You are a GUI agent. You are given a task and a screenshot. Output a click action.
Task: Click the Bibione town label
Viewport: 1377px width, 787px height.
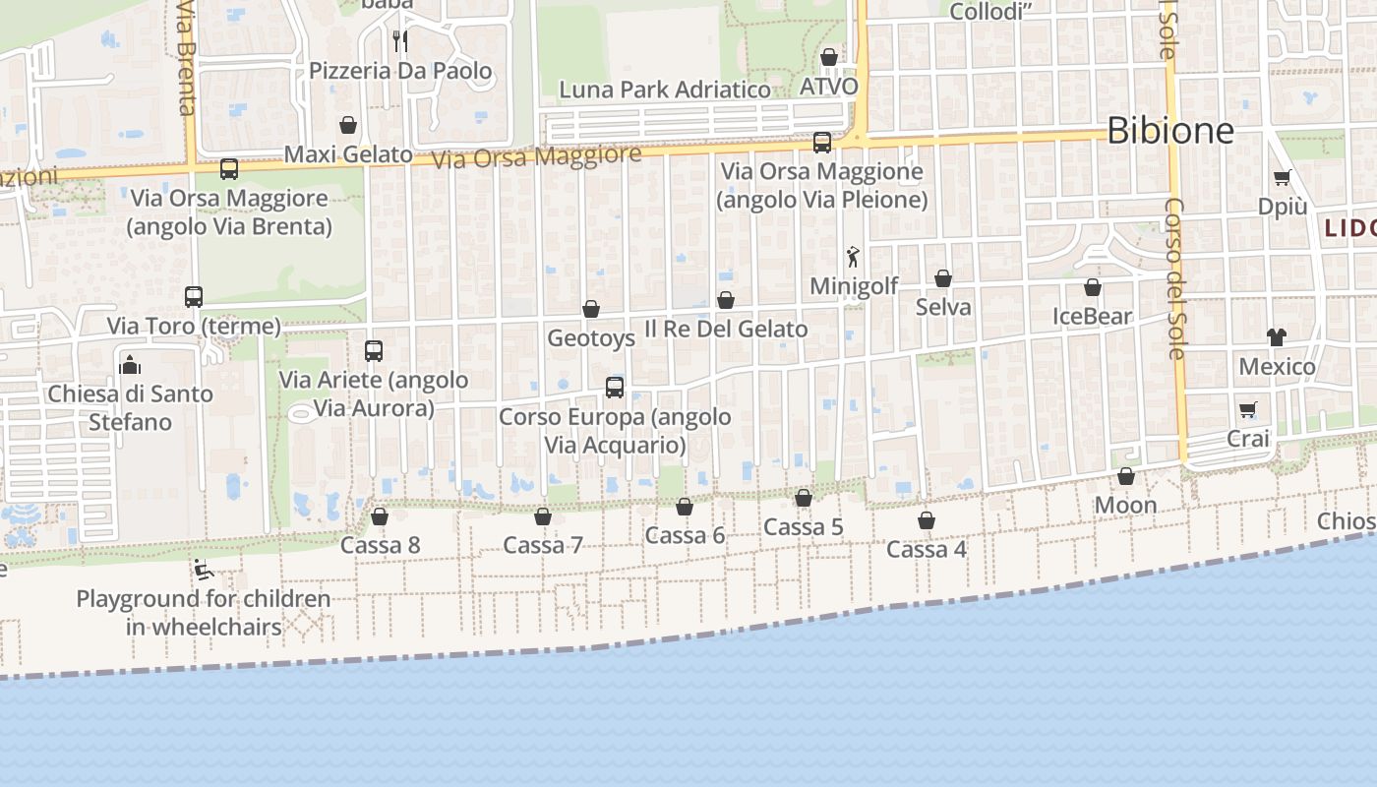click(x=1169, y=130)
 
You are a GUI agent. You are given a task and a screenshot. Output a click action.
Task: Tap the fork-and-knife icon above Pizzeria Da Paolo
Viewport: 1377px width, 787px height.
click(x=399, y=40)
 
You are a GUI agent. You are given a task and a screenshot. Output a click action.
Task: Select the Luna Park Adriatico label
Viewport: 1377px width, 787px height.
click(x=665, y=90)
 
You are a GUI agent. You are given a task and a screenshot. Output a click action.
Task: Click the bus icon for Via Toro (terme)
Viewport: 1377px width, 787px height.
click(x=194, y=296)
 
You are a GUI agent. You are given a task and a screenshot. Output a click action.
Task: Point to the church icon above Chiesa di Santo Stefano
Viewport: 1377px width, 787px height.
click(x=130, y=365)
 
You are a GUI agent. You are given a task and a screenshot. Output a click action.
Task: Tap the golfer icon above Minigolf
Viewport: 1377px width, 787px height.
click(x=853, y=257)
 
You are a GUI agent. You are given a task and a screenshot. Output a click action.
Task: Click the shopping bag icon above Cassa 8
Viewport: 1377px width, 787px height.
click(x=380, y=516)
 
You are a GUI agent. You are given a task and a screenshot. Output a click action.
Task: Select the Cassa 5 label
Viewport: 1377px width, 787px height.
click(x=804, y=527)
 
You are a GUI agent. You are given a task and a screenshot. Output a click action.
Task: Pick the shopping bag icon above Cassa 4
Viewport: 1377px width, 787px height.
click(x=927, y=520)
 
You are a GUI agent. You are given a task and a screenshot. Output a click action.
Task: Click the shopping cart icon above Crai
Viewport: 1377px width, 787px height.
click(x=1248, y=409)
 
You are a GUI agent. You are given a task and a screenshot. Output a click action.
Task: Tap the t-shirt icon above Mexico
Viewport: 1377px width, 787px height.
click(x=1277, y=337)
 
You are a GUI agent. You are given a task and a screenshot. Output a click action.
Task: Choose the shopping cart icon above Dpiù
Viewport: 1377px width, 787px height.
click(x=1282, y=178)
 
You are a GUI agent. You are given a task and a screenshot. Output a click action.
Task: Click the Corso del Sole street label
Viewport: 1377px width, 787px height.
click(x=1174, y=278)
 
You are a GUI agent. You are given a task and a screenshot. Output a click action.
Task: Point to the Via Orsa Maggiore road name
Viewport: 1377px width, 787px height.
click(x=536, y=155)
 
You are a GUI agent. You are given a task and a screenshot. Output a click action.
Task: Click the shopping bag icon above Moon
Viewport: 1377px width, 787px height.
click(x=1126, y=477)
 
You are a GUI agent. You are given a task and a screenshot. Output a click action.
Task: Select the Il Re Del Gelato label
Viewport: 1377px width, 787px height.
click(x=726, y=329)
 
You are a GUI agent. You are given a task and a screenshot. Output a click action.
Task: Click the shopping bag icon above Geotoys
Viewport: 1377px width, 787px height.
click(x=591, y=309)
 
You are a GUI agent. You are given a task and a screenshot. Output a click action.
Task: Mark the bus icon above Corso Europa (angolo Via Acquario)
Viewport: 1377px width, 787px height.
click(x=615, y=388)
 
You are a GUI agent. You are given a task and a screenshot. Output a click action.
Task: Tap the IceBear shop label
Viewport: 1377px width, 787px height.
click(x=1092, y=317)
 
